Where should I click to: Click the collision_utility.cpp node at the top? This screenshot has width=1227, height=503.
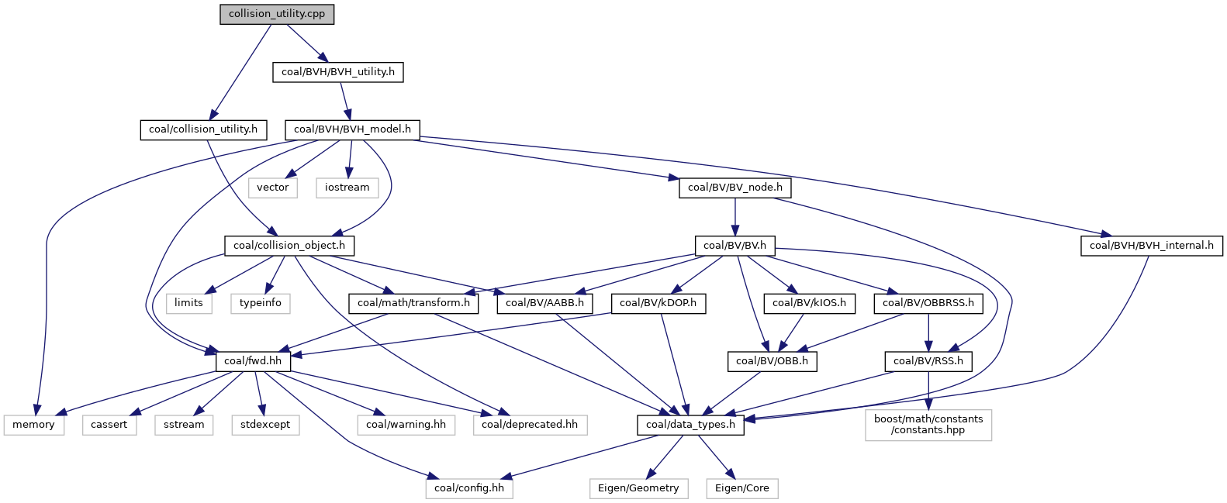tap(277, 15)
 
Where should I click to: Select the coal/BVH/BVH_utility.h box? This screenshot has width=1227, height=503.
tap(338, 72)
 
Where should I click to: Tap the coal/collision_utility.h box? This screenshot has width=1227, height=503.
tap(203, 129)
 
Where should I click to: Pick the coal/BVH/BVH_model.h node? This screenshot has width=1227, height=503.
tap(352, 129)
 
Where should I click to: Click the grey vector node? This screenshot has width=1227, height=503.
tap(272, 188)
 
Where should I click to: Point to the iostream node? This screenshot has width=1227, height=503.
tap(347, 188)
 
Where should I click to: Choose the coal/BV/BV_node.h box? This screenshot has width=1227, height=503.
tap(735, 188)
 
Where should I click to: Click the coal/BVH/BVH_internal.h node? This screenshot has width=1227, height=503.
tap(1151, 246)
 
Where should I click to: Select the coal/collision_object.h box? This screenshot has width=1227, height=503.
tap(289, 246)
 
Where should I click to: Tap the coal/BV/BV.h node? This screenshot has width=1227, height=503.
tap(734, 246)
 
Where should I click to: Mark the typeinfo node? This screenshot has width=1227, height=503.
tap(260, 303)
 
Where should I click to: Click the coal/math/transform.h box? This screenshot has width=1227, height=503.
tap(413, 303)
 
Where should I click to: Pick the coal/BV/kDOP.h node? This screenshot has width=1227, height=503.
tap(659, 303)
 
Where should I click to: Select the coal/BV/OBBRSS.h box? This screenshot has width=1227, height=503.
tap(928, 303)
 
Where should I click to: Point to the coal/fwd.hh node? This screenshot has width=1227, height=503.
tap(253, 361)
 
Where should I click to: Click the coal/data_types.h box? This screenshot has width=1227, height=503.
tap(690, 425)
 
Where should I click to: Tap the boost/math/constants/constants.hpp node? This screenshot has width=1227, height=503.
tap(928, 425)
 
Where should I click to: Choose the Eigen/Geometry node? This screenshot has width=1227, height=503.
tap(638, 488)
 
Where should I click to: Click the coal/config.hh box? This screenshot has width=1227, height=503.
tap(469, 488)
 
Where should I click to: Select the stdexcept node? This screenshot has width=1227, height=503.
tap(265, 425)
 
